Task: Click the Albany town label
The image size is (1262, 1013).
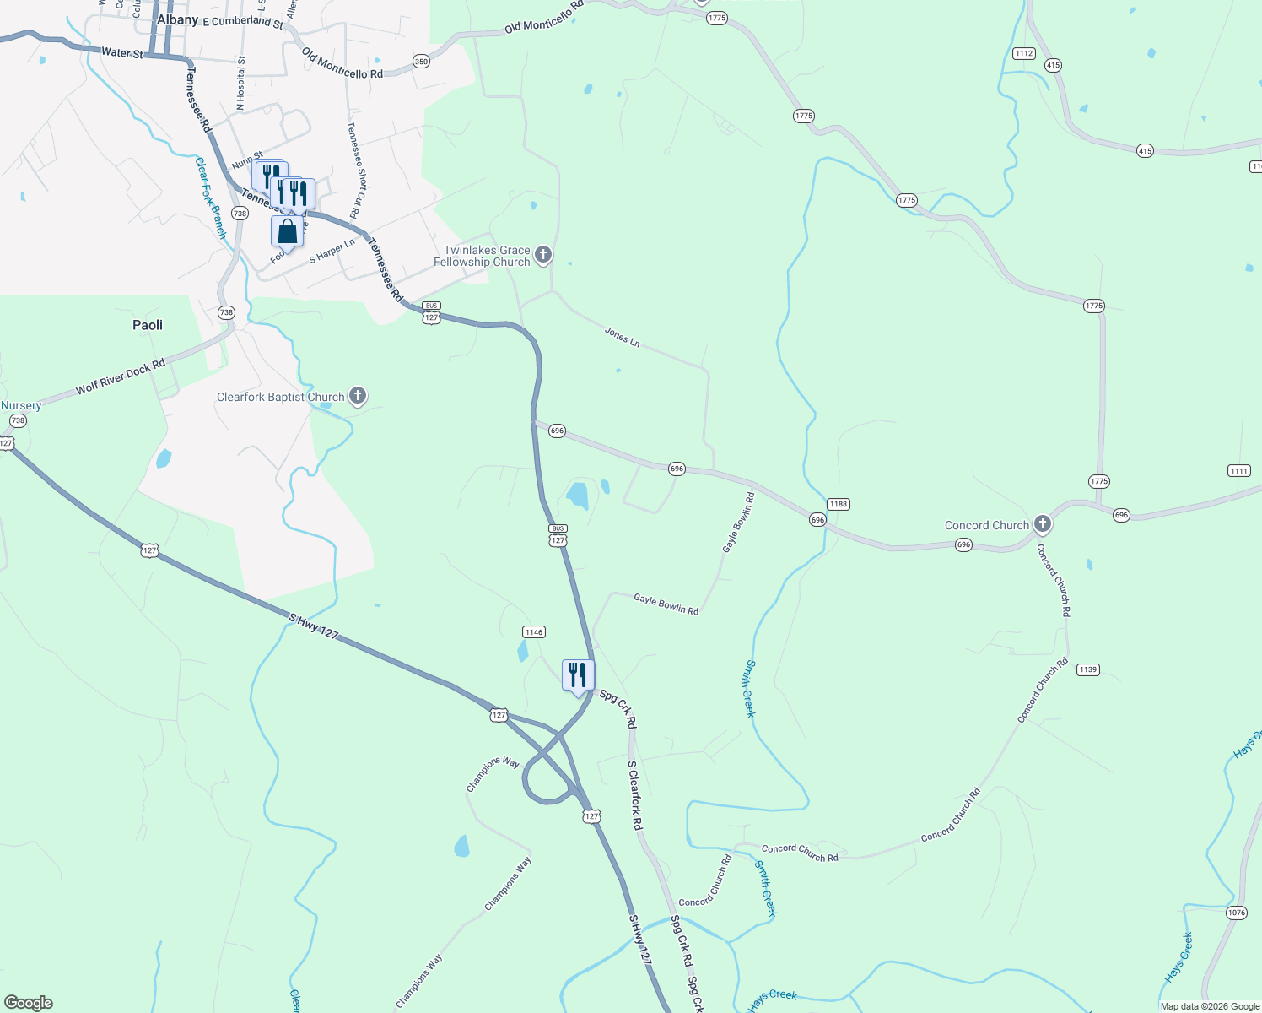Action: pos(178,19)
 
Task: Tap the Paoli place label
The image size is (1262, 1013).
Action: pos(148,325)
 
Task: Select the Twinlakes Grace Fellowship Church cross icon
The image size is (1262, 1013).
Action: pos(543,254)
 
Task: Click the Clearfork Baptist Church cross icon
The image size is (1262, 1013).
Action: pos(358,395)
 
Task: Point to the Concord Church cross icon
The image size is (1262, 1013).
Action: pos(1043,524)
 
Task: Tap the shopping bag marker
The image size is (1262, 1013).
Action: pos(287,231)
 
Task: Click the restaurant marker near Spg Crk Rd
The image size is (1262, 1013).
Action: pos(578,675)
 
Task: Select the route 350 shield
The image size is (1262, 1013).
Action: pos(421,62)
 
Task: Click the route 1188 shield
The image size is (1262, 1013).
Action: pos(838,504)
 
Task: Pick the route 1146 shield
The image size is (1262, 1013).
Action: pos(534,631)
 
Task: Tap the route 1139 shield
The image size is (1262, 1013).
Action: pos(1087,669)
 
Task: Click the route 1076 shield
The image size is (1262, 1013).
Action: pos(1236,913)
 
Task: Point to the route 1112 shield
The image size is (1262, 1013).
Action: pos(1024,53)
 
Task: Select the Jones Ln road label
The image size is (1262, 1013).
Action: pos(622,337)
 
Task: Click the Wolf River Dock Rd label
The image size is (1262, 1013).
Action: pos(121,377)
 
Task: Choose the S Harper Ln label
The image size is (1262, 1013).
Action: pos(332,251)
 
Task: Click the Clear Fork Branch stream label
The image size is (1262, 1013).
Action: pos(211,198)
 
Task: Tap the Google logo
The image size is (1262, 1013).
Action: pos(28,1003)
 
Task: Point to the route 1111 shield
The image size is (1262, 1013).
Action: pos(1238,471)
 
